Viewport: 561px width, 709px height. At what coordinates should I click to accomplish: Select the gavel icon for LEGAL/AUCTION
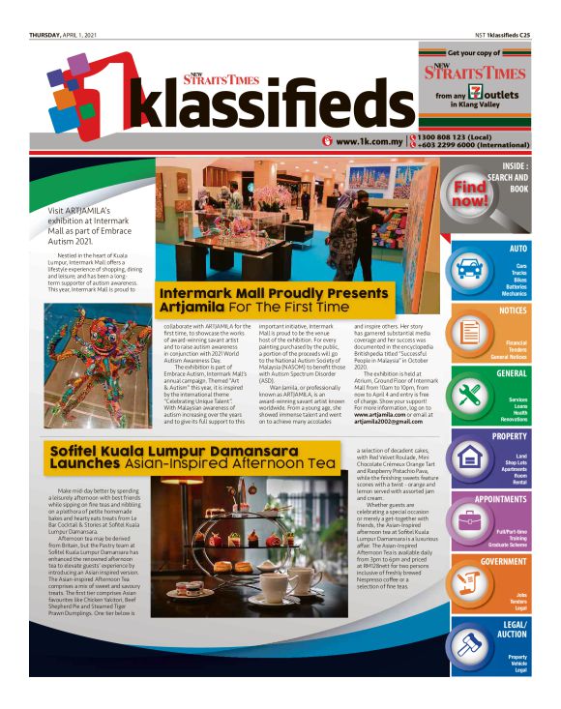click(x=471, y=642)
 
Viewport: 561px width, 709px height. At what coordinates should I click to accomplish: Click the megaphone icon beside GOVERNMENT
click(x=471, y=581)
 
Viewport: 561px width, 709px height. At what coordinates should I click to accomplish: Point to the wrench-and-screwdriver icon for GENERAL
click(x=471, y=395)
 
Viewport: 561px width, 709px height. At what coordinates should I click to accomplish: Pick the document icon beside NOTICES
click(x=471, y=332)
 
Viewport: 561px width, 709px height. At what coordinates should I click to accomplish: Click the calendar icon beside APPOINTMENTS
click(x=471, y=519)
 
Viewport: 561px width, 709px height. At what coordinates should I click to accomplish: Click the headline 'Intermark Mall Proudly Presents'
click(x=259, y=293)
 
